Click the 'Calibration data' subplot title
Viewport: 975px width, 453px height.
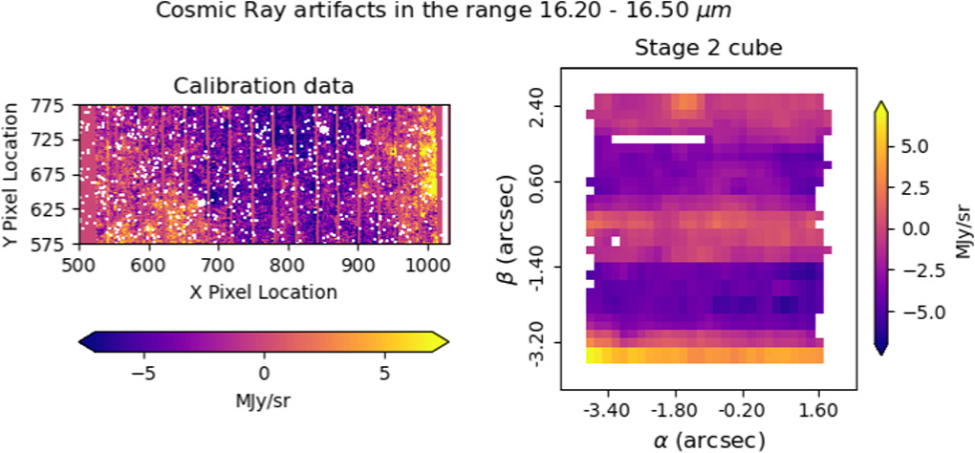pos(263,86)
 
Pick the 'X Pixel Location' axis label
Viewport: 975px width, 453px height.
pos(263,291)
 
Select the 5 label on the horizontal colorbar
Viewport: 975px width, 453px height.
pos(384,374)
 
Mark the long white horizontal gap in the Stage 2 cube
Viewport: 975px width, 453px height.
pos(658,140)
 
